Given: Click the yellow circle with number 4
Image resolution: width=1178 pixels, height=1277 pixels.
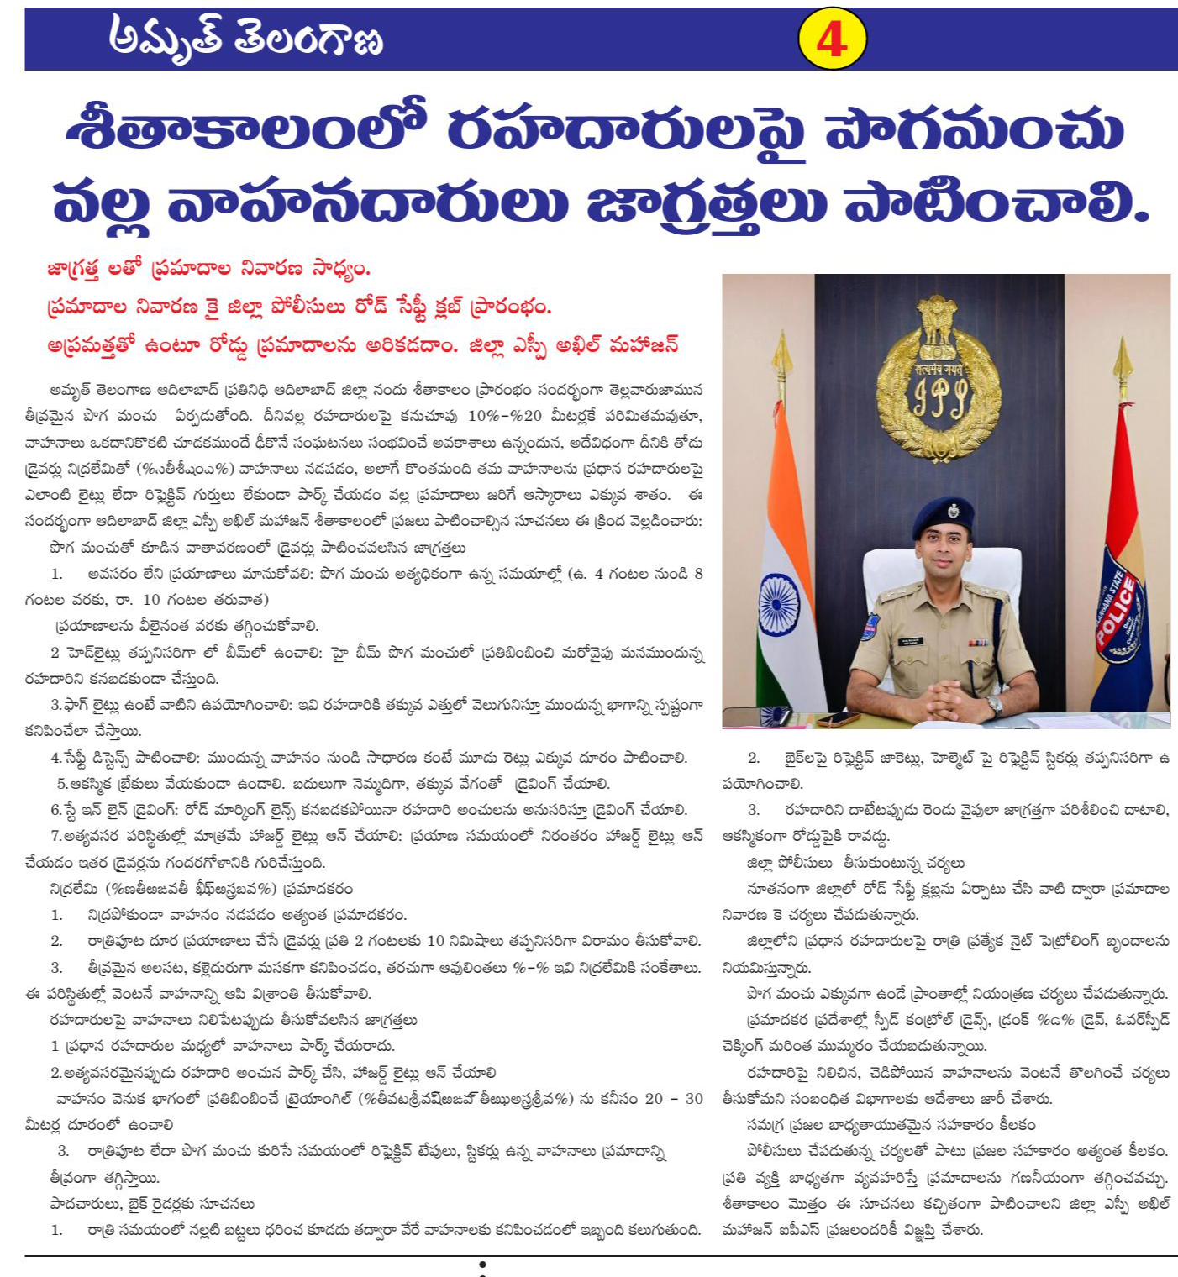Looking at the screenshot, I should [831, 39].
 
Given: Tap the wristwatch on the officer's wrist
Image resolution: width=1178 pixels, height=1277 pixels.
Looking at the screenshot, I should [995, 704].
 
